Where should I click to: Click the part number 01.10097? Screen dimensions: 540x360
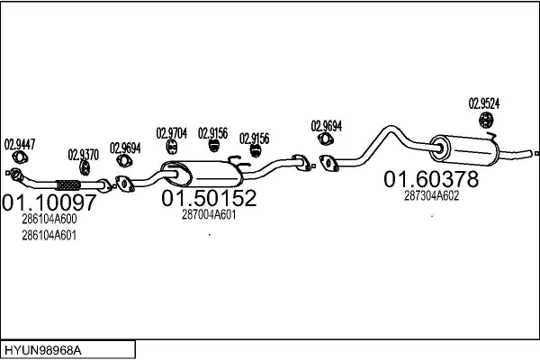(x=49, y=202)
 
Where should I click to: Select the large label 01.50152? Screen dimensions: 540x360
(x=209, y=198)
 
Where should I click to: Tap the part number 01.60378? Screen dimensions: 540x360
(x=431, y=179)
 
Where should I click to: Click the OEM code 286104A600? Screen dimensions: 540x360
(x=49, y=219)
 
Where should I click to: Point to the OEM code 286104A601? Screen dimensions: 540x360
(x=49, y=236)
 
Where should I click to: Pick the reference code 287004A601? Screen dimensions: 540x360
(x=209, y=215)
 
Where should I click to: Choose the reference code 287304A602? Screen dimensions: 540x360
(x=431, y=196)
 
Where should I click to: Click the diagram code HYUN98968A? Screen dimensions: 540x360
(x=43, y=351)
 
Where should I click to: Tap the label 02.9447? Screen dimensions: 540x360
(x=20, y=145)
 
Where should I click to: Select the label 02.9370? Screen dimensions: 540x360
(x=84, y=155)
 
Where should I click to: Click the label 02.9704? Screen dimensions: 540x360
(x=172, y=133)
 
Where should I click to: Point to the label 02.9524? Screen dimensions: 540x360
(x=484, y=103)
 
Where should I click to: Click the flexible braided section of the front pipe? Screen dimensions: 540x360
(x=68, y=185)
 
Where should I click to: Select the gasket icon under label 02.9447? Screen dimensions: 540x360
(x=20, y=157)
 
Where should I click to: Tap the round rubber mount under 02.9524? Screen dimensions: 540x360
(x=486, y=120)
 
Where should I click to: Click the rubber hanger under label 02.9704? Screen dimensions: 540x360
(x=172, y=147)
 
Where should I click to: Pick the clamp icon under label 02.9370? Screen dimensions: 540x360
(x=85, y=167)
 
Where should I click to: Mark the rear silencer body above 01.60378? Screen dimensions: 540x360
(x=464, y=150)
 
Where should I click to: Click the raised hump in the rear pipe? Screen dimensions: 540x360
(x=391, y=128)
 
